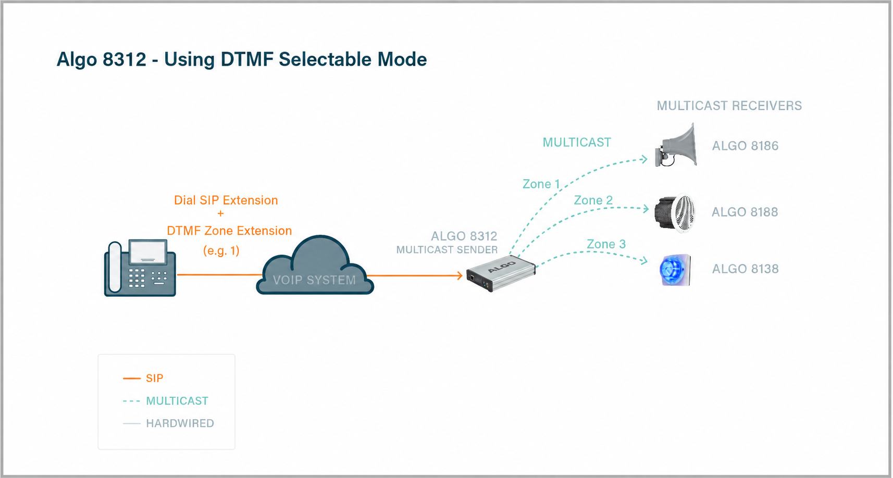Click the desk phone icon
point(140,268)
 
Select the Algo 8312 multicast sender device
point(501,273)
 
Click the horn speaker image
point(676,145)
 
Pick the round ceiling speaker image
point(675,213)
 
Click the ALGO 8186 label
point(745,146)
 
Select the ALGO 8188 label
point(745,212)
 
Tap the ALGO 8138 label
point(745,269)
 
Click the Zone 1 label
point(541,184)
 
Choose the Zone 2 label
point(593,200)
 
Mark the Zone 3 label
point(606,244)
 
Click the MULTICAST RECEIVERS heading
point(729,106)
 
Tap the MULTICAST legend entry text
point(177,401)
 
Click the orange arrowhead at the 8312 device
point(459,275)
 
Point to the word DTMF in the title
point(247,59)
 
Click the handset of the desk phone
point(115,267)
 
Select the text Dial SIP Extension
point(226,200)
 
